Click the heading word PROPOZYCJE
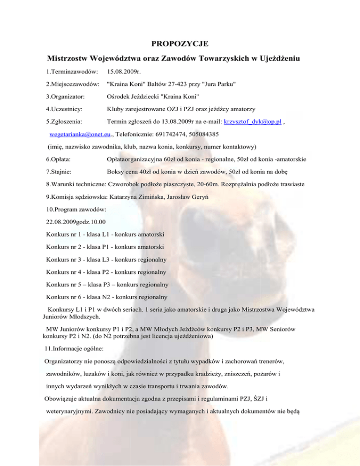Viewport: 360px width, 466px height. click(x=180, y=45)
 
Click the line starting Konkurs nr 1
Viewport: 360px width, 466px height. click(x=108, y=233)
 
